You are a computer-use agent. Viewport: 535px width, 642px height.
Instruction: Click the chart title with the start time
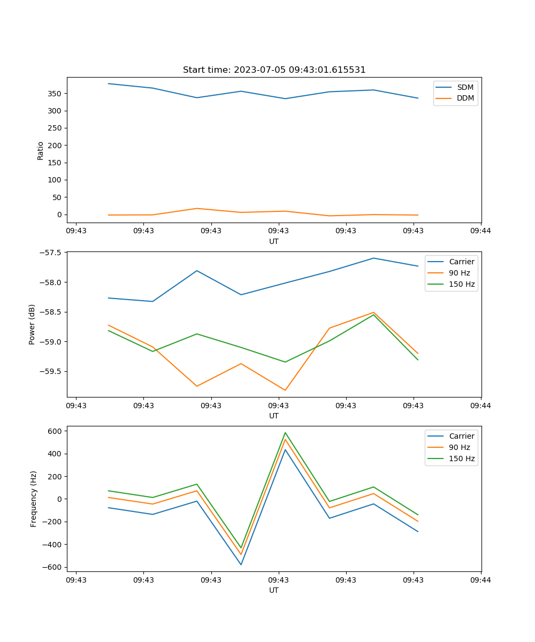point(274,70)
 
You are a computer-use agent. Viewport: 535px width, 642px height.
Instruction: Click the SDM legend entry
point(465,87)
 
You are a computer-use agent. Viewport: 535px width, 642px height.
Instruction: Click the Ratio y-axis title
point(41,150)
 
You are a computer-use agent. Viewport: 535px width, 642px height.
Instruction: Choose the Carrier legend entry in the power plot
point(461,262)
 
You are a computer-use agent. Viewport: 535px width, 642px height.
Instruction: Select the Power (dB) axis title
point(32,324)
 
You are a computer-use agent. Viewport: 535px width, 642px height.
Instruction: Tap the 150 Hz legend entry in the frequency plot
point(462,458)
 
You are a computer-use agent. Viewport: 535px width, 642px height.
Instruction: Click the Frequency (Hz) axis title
point(34,499)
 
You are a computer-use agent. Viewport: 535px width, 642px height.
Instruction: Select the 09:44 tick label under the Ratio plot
point(480,231)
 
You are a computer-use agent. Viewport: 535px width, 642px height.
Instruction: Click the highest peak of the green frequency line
point(285,433)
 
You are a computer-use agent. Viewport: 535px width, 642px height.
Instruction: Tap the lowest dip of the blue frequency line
point(241,564)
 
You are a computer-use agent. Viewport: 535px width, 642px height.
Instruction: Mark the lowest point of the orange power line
point(285,390)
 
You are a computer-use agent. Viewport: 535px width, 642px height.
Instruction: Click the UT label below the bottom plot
point(274,590)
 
